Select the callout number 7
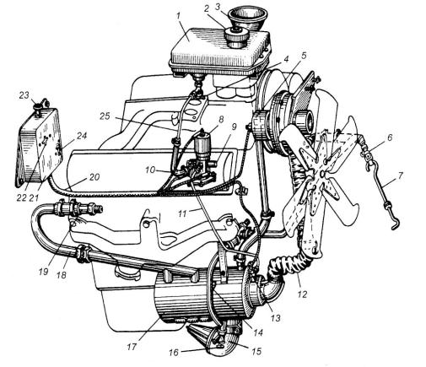[400, 176]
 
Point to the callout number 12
[301, 294]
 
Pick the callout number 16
[174, 353]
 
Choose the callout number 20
[94, 177]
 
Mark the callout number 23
[24, 95]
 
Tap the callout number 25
[105, 116]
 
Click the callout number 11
[183, 213]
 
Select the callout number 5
[303, 56]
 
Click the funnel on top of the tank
[247, 19]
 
